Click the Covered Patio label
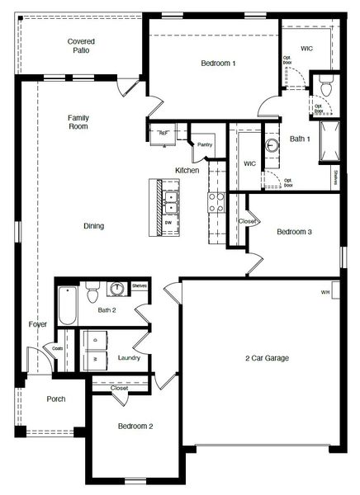[80, 45]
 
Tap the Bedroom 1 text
[218, 64]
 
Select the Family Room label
[78, 122]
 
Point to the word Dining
[93, 226]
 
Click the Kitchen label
[187, 170]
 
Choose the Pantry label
[204, 144]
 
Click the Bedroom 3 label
[293, 232]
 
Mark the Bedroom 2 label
[135, 426]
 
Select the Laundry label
[129, 357]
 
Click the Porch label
[55, 398]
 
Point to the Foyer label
[37, 324]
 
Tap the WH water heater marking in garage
[325, 292]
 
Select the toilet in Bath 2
[93, 291]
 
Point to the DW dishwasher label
[168, 223]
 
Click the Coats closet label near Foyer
[58, 347]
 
